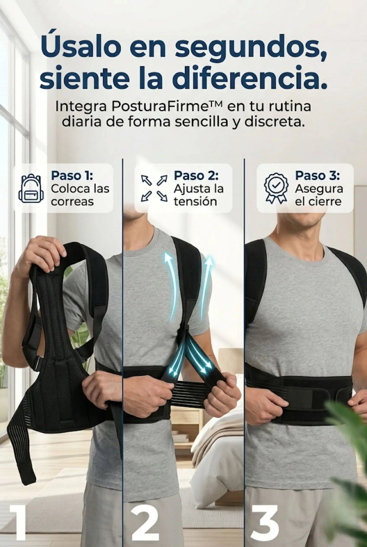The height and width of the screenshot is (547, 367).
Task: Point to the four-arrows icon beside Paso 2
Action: tap(154, 188)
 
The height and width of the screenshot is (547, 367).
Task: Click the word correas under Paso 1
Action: tap(72, 202)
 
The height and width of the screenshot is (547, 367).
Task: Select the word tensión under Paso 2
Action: tap(195, 202)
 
